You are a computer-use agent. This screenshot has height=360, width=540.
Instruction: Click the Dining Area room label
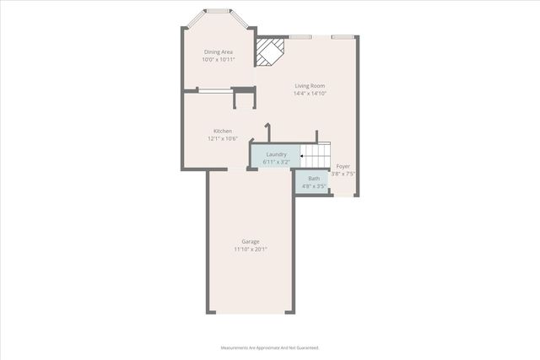(218, 52)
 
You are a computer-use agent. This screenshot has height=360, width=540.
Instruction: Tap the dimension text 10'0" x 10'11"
(218, 60)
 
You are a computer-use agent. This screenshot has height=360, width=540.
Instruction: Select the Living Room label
(310, 86)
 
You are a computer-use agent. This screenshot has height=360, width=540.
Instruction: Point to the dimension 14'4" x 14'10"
(310, 94)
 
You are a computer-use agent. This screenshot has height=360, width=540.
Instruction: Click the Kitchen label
(223, 131)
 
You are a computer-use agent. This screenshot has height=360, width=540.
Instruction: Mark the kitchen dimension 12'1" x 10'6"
(223, 138)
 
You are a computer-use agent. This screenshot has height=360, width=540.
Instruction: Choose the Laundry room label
(277, 154)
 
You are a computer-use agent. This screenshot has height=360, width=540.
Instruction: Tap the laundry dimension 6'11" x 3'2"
(277, 161)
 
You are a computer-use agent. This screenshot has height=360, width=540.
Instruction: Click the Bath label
(314, 179)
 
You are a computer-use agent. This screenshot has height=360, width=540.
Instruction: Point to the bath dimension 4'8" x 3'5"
(314, 186)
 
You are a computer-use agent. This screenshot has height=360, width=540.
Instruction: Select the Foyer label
(343, 166)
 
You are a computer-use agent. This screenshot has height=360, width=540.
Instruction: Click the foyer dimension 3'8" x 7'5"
(343, 174)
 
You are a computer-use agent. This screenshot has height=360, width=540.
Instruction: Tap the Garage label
(251, 242)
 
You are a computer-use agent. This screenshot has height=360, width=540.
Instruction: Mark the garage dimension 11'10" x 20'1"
(251, 250)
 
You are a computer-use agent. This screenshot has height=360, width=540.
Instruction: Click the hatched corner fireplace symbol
(270, 51)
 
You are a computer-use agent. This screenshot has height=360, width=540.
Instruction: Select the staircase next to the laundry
(316, 156)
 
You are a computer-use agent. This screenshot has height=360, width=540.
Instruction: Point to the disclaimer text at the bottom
(270, 347)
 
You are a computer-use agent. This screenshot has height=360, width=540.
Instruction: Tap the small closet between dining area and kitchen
(244, 100)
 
